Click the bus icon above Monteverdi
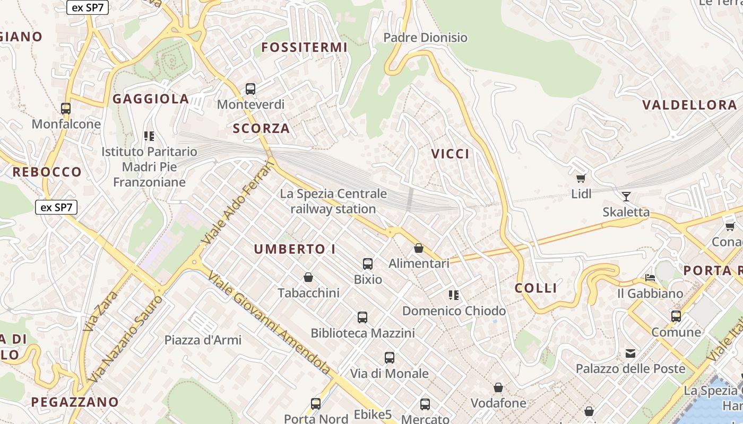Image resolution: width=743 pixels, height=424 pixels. [x=250, y=89]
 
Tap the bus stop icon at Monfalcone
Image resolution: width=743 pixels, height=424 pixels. [x=66, y=109]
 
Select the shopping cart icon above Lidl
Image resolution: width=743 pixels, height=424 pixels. [x=581, y=179]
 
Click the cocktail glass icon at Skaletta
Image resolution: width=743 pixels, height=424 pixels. [x=626, y=197]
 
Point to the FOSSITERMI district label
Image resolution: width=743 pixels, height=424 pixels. [x=305, y=48]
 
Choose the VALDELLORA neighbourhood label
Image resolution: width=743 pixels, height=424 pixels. [x=690, y=105]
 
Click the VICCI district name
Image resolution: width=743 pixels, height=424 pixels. [x=450, y=154]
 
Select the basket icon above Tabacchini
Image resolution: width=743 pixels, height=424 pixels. [x=308, y=277]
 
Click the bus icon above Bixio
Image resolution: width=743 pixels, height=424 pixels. [x=368, y=263]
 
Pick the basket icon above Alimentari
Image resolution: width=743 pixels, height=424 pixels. [x=419, y=248]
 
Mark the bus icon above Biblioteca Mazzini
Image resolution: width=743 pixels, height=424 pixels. [x=362, y=317]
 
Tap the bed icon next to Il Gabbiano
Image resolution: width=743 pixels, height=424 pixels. [x=650, y=278]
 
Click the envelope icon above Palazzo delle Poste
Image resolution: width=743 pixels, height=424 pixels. [x=630, y=354]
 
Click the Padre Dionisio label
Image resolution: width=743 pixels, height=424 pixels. [x=425, y=38]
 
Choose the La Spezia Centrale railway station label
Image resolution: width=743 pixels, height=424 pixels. [x=333, y=201]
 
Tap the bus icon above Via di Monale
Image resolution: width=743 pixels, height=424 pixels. [x=390, y=358]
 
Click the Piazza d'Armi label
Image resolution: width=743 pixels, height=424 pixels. [x=203, y=340]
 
